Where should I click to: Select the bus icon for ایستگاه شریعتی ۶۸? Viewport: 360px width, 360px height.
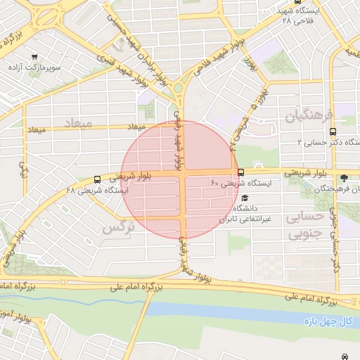(x=96, y=179)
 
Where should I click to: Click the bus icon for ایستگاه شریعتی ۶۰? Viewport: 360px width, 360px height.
(x=241, y=172)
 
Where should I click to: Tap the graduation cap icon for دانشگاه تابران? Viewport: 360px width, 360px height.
(x=244, y=198)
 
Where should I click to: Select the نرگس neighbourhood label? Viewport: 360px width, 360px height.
(x=117, y=229)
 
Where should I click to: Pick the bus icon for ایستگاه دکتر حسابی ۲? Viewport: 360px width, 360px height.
(x=333, y=131)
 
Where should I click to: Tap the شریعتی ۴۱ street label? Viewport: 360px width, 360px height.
(x=238, y=134)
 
